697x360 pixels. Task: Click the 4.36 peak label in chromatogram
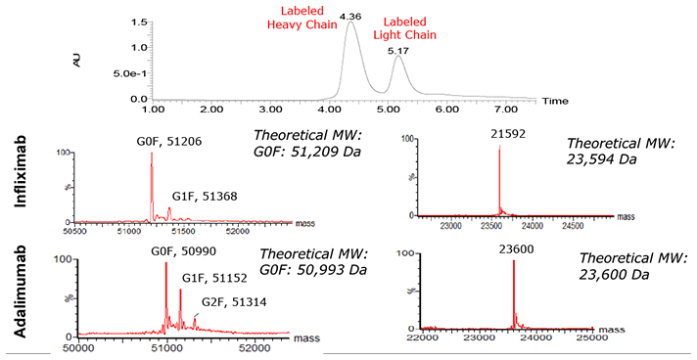350,17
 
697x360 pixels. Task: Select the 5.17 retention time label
397,49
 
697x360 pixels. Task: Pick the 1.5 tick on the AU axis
140,22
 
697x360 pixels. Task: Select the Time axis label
555,101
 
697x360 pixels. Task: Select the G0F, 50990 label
165,251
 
